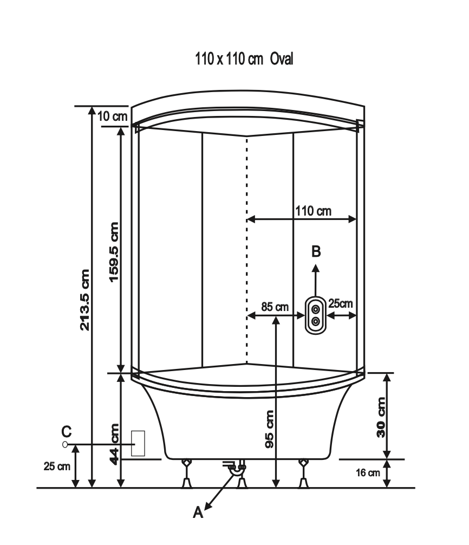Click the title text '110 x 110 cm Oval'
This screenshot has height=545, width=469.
pos(244,59)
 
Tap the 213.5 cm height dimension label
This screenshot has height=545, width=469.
pos(85,300)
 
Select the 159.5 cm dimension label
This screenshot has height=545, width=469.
pos(114,252)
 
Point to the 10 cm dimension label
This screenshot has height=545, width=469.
pos(112,116)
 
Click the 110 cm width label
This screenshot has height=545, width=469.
pos(314,211)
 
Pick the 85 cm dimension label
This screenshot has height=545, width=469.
pos(275,307)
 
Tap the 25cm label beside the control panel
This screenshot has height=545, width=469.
pos(341,303)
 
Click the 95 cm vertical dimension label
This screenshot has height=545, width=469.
pos(270,429)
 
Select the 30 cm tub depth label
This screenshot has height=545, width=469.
pos(381,417)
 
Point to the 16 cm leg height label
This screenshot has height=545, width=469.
pos(368,473)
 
